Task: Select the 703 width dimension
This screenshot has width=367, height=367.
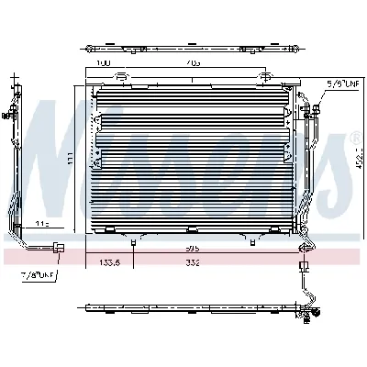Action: click(192, 63)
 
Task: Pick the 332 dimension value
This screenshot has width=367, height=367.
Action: click(194, 263)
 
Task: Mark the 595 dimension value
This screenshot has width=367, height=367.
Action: click(191, 248)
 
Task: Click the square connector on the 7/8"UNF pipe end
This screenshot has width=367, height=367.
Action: click(59, 246)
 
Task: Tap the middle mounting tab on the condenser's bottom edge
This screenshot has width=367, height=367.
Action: click(188, 230)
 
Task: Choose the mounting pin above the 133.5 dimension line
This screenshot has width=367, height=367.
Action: click(134, 242)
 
